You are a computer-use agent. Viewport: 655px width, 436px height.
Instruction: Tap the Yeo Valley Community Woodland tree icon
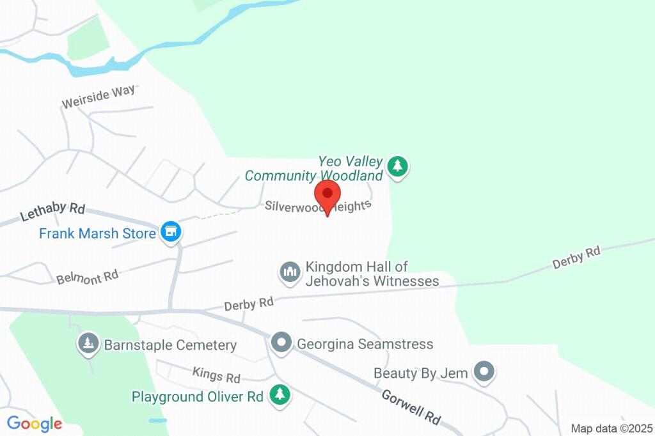coord(399,167)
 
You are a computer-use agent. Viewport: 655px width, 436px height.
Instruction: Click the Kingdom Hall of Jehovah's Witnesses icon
coord(290,272)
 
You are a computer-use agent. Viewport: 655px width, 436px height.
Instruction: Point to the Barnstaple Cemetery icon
coord(87,343)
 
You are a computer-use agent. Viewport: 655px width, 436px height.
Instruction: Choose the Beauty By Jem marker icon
coord(484,371)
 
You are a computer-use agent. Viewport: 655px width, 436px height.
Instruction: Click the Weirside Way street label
coord(99,97)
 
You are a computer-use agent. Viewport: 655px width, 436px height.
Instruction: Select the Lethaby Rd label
coord(52,211)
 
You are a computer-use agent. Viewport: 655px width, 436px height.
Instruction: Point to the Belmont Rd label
coord(88,277)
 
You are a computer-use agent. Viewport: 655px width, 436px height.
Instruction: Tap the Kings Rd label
coord(216,374)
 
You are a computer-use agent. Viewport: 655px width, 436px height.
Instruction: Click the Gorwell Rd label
coord(411,407)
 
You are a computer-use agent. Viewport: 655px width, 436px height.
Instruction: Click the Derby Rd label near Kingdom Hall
coord(249,304)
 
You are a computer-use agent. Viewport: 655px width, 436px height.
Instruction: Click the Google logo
coord(35,423)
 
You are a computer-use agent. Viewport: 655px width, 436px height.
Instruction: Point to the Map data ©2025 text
coord(612,428)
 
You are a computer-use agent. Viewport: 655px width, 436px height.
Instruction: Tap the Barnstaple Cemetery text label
coord(170,345)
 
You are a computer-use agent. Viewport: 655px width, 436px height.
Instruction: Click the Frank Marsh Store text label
coord(97,233)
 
